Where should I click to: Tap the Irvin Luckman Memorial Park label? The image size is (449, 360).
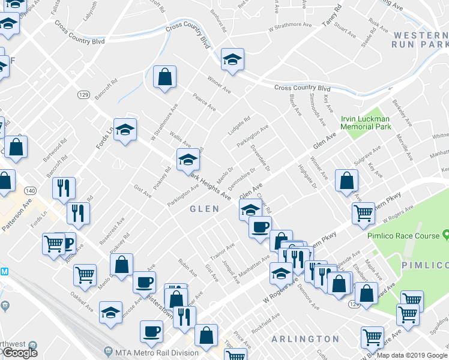click(x=366, y=122)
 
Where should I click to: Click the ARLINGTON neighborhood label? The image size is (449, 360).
click(x=306, y=339)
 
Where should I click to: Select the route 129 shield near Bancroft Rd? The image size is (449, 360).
click(x=83, y=95)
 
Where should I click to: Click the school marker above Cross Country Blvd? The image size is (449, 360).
click(x=231, y=59)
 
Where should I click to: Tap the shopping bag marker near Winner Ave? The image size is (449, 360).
click(x=164, y=77)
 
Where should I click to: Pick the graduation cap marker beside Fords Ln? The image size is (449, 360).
click(x=125, y=130)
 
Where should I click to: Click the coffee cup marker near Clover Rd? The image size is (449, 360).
click(x=260, y=227)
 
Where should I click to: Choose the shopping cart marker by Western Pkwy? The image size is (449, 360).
click(x=363, y=213)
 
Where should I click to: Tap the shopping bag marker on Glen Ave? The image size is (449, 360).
click(x=346, y=180)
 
